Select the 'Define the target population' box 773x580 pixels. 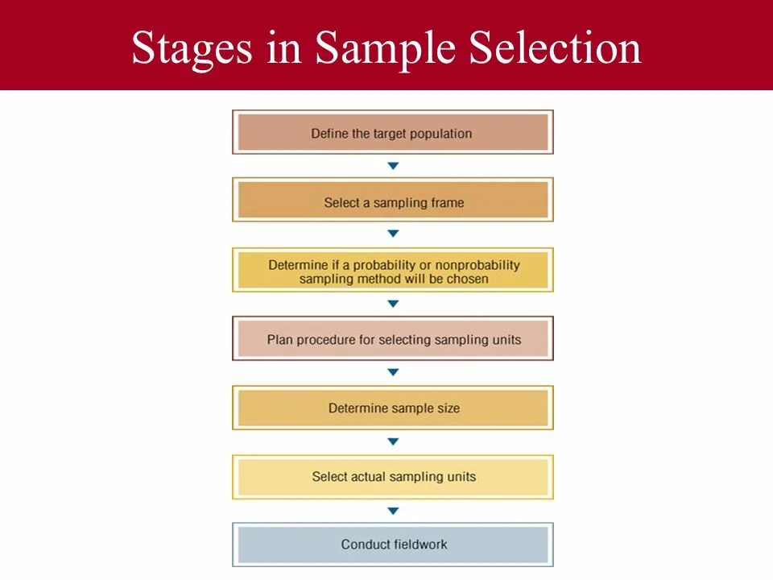coord(392,133)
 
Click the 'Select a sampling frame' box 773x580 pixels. coord(392,201)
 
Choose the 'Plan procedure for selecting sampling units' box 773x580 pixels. coord(392,339)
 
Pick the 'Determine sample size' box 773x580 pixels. coord(392,408)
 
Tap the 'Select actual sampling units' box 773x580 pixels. coord(392,476)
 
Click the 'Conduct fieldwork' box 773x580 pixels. coord(392,545)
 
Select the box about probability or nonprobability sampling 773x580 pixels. coord(392,271)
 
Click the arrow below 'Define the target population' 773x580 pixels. coord(393,166)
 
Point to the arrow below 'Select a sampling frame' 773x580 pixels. coord(393,234)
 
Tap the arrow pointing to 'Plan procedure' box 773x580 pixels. coord(393,304)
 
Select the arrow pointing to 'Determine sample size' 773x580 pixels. coord(393,373)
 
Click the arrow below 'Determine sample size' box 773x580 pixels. coord(393,441)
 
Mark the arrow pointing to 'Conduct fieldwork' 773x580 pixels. coord(393,511)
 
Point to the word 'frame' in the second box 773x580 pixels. coord(447,202)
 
